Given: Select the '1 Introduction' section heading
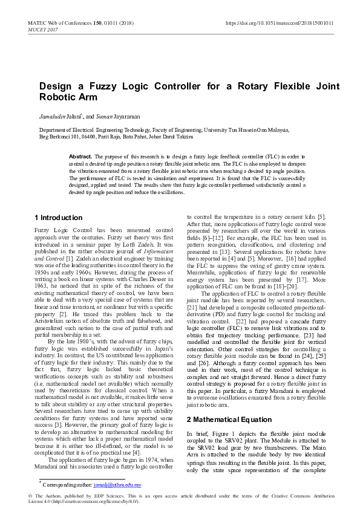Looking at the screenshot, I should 59,218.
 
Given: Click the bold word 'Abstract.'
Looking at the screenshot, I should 80,156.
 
